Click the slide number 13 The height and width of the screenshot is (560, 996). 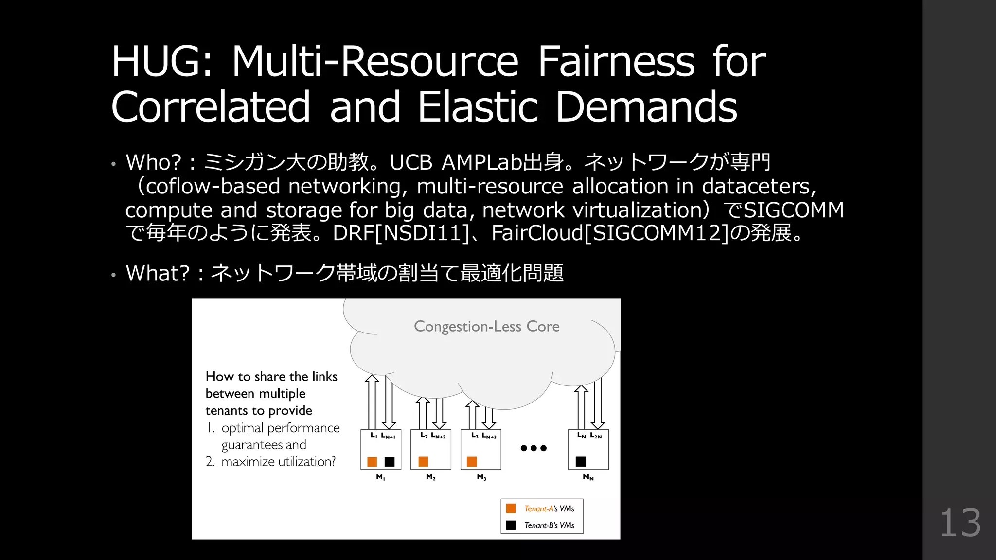point(960,523)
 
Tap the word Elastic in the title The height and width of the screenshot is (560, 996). point(478,106)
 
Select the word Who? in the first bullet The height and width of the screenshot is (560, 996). point(153,162)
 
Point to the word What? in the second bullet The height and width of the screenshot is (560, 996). point(157,273)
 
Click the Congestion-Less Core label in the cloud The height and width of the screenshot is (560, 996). point(486,326)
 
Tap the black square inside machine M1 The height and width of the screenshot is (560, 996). point(390,461)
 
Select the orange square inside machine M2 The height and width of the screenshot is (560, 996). point(423,461)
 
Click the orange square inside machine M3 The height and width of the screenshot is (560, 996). point(472,461)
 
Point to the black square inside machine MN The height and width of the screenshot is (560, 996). point(581,461)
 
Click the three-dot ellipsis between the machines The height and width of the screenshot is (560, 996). point(534,448)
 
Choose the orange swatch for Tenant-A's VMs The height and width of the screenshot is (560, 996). point(511,508)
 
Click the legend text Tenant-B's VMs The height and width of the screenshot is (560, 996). point(549,525)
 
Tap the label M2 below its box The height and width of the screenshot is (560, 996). point(430,477)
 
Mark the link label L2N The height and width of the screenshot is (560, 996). point(596,436)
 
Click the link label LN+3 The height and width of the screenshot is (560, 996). point(489,436)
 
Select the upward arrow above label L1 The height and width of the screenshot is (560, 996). point(372,401)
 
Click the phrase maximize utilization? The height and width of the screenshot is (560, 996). point(278,462)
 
